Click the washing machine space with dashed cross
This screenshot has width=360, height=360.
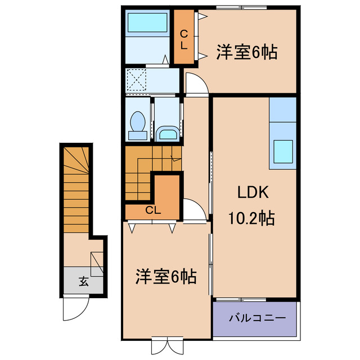pos(136,79)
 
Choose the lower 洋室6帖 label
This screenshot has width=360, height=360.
pos(165,276)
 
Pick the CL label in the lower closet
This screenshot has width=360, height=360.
pos(152,211)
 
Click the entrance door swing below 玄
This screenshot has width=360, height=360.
pos(75,307)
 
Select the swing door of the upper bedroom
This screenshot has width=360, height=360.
pos(195,84)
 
